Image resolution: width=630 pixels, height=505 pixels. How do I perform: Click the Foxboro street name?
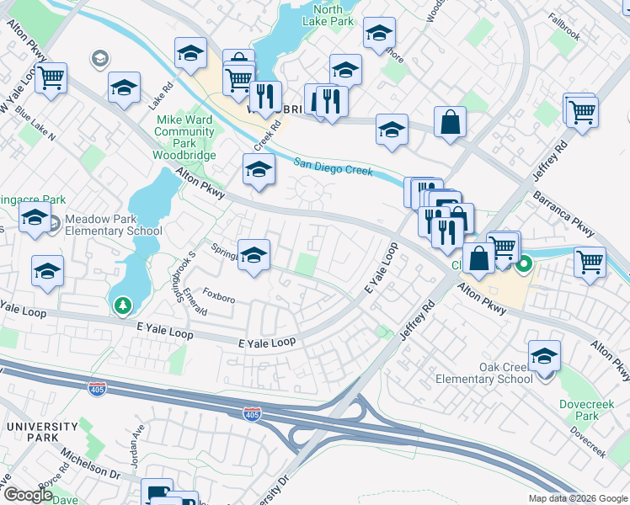tap(219, 298)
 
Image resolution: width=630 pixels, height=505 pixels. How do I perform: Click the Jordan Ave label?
tap(136, 443)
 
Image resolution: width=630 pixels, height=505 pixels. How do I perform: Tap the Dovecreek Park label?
tap(579, 410)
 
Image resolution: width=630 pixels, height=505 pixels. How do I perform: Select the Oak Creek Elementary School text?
tap(484, 373)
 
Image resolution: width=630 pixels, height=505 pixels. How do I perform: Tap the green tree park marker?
tap(123, 305)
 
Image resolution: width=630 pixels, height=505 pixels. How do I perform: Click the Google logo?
tap(28, 495)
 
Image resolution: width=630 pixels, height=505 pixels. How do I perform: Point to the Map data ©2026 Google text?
tap(579, 498)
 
